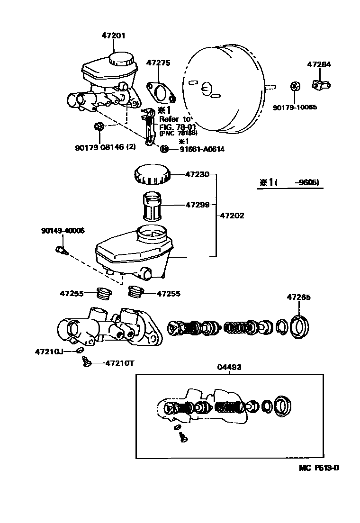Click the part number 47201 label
click(114, 35)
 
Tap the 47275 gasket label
click(158, 63)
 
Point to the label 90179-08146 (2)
click(105, 147)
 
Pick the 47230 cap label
click(197, 175)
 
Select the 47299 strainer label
click(197, 205)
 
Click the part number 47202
click(233, 215)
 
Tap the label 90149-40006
click(63, 231)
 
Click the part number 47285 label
click(298, 298)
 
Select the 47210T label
click(119, 363)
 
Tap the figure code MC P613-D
click(319, 468)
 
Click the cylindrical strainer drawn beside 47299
click(153, 207)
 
